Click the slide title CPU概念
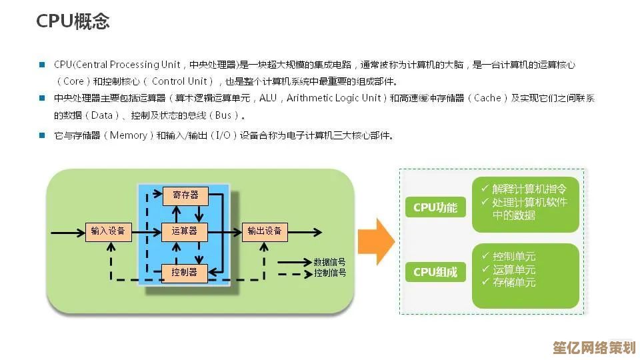[x=73, y=21]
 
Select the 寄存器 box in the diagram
[x=185, y=195]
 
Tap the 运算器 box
[x=185, y=231]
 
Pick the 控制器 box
[x=185, y=272]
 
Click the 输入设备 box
[x=108, y=231]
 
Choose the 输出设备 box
[x=265, y=231]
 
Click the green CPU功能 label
[x=435, y=207]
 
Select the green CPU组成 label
[x=435, y=271]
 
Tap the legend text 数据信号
[x=330, y=262]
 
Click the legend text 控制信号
[x=330, y=273]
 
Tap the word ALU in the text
[x=268, y=99]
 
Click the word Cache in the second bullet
[x=487, y=99]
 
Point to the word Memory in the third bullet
[x=128, y=135]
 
